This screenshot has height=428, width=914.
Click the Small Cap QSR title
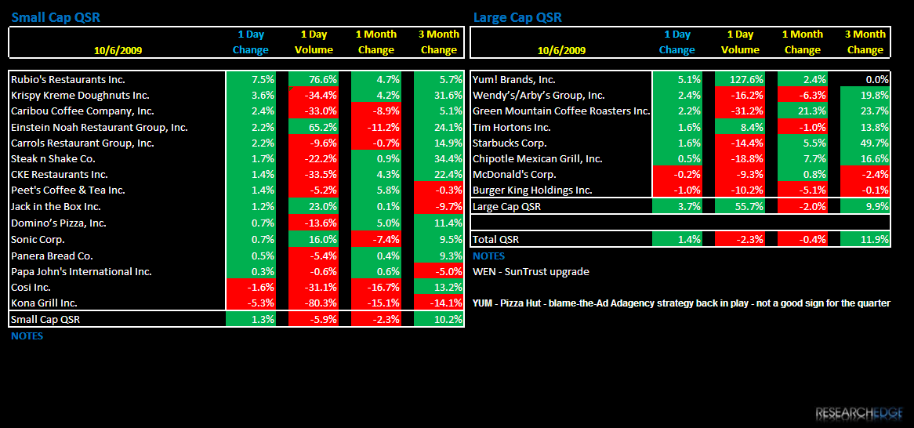[x=56, y=17]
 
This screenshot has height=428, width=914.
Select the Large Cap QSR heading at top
[x=517, y=17]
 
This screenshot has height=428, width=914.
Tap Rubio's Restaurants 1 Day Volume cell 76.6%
[x=313, y=79]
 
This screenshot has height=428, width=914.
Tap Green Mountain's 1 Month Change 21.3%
[x=802, y=111]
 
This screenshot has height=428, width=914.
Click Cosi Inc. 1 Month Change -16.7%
[x=376, y=287]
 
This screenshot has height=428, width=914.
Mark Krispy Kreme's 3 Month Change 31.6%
[x=438, y=95]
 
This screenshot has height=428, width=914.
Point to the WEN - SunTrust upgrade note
[x=531, y=271]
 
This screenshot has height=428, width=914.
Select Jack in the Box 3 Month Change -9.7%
[x=438, y=206]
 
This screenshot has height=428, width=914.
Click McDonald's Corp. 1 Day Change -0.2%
[x=676, y=174]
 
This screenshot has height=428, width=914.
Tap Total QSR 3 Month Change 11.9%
[x=865, y=239]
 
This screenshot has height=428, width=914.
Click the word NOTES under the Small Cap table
[x=27, y=336]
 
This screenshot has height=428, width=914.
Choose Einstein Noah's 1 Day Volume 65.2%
[x=313, y=126]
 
